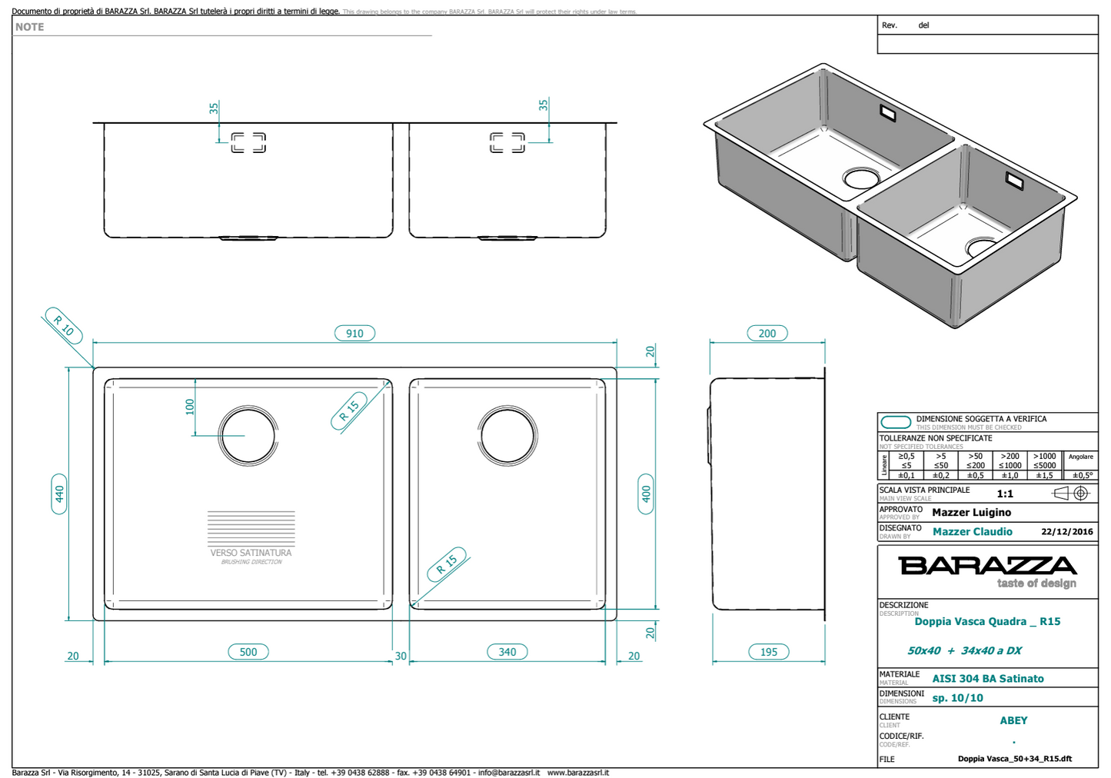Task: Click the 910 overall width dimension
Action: [354, 333]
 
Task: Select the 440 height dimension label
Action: [59, 494]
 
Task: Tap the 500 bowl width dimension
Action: [248, 652]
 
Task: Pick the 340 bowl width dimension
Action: [507, 652]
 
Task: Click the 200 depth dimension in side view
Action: [767, 333]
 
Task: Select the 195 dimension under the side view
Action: [769, 652]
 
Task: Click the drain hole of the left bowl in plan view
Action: [247, 436]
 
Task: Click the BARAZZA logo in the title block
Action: [988, 566]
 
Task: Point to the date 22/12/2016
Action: [1066, 532]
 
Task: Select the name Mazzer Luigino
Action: [971, 513]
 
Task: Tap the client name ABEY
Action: [1013, 720]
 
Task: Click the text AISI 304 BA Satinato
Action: [988, 679]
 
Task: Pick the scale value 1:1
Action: [1005, 494]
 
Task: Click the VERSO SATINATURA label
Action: [251, 553]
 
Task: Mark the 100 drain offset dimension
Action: [190, 407]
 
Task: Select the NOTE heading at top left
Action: [30, 27]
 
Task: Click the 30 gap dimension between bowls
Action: [401, 656]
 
